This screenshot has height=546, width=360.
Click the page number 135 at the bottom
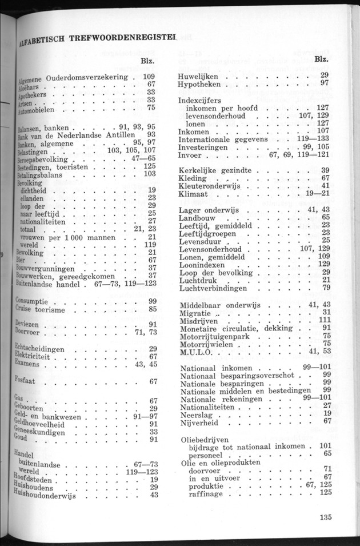(326, 519)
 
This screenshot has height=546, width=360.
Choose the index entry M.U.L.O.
(195, 351)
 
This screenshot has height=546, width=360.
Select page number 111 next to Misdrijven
(324, 320)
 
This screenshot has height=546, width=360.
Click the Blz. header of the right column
(322, 59)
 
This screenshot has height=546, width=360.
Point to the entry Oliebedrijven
(204, 442)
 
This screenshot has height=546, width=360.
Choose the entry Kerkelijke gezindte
(213, 170)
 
